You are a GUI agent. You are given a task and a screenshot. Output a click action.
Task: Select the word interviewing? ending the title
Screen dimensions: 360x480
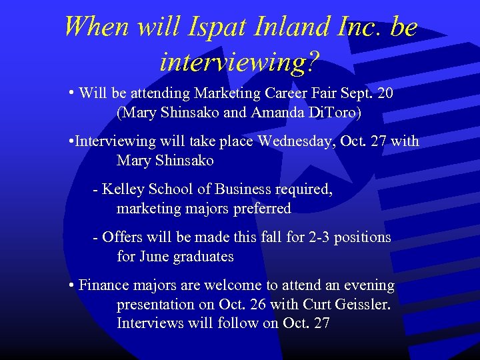click(x=240, y=62)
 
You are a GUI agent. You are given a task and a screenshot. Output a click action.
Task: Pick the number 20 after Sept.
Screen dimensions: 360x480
click(x=385, y=93)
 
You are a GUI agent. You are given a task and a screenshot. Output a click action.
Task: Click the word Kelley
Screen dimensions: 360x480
click(x=125, y=189)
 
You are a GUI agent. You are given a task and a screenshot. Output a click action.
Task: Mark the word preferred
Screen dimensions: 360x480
click(x=262, y=209)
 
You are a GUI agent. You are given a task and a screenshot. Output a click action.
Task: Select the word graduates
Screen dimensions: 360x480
click(x=203, y=257)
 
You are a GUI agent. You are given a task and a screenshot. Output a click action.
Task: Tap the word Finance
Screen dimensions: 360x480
click(x=103, y=285)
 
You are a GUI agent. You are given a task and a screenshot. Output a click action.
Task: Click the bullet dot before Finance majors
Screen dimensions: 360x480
click(x=71, y=286)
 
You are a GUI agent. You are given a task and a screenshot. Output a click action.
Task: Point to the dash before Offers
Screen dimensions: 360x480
click(x=96, y=238)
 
